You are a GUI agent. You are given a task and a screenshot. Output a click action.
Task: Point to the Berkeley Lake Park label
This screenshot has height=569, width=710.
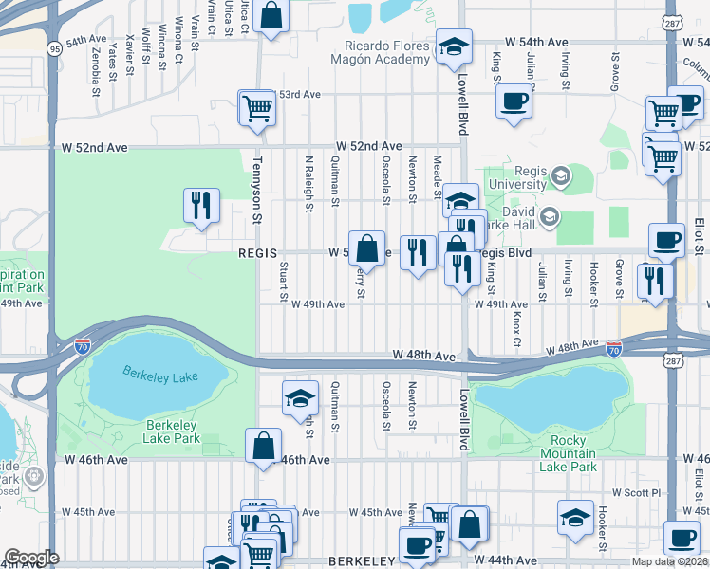tap(172, 431)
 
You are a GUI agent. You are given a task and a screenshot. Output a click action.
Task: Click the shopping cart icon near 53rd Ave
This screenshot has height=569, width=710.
tap(256, 108)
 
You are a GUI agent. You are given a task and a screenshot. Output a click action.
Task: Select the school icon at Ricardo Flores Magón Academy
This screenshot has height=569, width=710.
tap(454, 46)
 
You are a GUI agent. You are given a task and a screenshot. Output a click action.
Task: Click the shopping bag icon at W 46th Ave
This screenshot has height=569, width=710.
tap(263, 445)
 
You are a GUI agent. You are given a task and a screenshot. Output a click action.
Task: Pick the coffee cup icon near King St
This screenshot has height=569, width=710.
tap(514, 100)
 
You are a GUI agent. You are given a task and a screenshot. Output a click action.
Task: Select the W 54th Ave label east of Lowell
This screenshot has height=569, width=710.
tap(536, 43)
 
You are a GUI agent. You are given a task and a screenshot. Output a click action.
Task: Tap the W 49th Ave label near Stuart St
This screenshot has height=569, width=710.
tap(317, 304)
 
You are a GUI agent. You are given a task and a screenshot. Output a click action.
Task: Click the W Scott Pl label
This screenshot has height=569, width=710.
tap(635, 493)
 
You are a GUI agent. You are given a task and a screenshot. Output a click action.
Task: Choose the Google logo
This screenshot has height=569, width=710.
tap(31, 557)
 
